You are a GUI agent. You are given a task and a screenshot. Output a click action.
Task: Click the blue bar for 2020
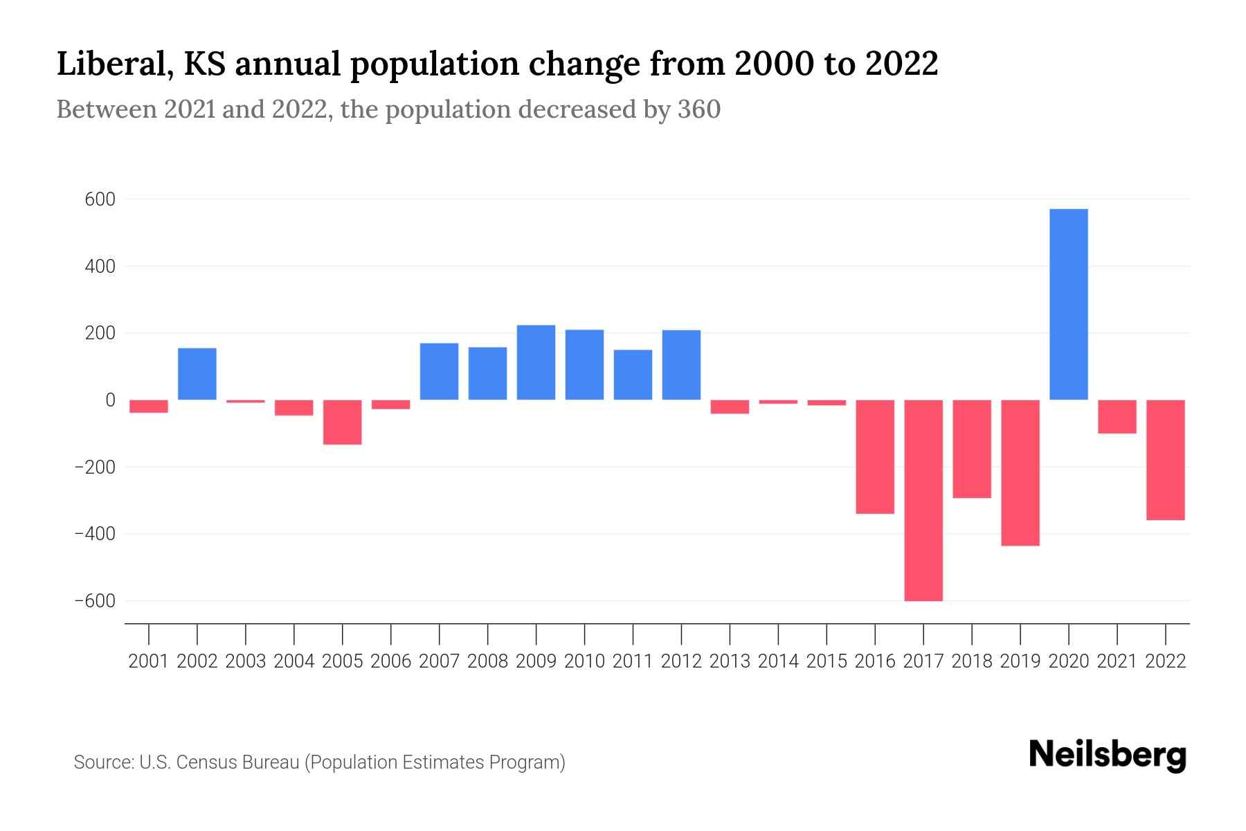tap(1068, 304)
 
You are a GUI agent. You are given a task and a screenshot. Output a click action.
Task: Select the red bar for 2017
tap(923, 500)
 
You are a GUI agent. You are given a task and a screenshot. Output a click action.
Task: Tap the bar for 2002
tap(197, 374)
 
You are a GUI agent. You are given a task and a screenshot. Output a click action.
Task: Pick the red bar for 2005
tap(343, 422)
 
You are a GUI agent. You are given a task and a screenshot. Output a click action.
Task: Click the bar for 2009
tap(536, 362)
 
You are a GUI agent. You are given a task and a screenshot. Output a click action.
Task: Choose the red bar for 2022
tap(1165, 460)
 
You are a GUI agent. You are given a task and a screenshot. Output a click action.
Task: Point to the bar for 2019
tap(1020, 472)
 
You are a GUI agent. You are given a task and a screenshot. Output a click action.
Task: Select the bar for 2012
tap(681, 365)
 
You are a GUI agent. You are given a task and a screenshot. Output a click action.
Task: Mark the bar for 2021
tap(1117, 416)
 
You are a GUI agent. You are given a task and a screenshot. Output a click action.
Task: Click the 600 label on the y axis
tap(100, 199)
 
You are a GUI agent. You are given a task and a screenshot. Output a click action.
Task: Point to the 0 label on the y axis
tap(110, 400)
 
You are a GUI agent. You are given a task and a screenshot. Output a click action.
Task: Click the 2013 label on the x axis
tap(730, 661)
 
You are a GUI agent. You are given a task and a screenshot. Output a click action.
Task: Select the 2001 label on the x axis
tap(149, 661)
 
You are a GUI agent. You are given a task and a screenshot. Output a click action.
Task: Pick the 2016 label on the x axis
tap(875, 661)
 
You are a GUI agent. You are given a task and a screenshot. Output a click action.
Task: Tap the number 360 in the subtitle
tap(699, 109)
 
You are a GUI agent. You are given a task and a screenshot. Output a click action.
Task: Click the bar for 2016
tap(875, 456)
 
